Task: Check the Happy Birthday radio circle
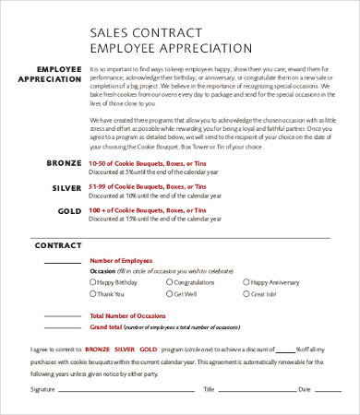coord(92,282)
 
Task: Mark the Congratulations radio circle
coord(168,282)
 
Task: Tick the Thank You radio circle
coord(92,294)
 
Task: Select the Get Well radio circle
coord(168,294)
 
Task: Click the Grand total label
coord(105,327)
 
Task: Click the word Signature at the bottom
coord(42,389)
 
